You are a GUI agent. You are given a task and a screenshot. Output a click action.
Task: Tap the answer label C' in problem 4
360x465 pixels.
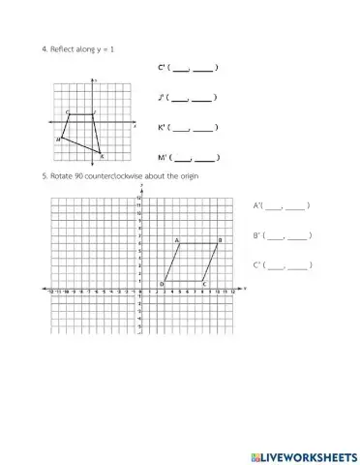[162, 67]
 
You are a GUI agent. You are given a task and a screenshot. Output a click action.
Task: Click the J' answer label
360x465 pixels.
[162, 97]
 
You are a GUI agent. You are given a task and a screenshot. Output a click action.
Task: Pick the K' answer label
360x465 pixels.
[162, 127]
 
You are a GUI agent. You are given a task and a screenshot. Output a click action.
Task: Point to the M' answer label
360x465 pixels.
[162, 156]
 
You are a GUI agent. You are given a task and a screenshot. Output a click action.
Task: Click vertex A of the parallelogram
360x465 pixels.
[181, 243]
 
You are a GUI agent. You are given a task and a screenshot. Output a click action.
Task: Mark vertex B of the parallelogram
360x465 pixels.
[219, 243]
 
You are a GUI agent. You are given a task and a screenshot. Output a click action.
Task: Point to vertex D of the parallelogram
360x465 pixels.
[165, 281]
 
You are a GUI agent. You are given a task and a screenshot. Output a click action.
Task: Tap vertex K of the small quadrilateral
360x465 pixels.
[100, 151]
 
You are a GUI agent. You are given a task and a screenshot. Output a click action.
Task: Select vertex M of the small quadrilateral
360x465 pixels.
[61, 139]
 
